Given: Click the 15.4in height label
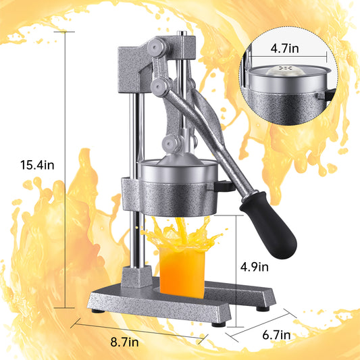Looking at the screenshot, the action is [x=37, y=165].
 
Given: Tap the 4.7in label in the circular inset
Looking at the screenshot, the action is [x=285, y=49].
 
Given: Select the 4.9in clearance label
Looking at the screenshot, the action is [x=255, y=267].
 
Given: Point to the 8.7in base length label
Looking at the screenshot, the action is [x=124, y=342].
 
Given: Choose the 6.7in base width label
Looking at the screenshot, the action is [x=276, y=335].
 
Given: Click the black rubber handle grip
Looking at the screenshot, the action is [x=269, y=225].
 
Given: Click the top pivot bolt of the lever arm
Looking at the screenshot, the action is [x=156, y=47].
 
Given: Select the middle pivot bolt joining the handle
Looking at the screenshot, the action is [x=159, y=86].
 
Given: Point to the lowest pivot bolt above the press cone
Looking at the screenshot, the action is [x=170, y=144].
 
